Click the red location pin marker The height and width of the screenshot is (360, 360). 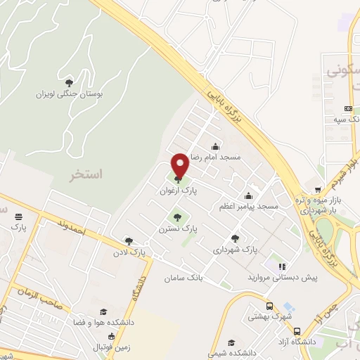180,165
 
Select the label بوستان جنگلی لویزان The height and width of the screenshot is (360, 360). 68,94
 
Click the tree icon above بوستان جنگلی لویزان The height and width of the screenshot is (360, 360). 68,83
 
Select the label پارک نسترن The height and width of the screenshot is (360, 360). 177,229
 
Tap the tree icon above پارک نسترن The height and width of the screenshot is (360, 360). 177,217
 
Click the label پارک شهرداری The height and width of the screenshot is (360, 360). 236,249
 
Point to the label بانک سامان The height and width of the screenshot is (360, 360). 184,278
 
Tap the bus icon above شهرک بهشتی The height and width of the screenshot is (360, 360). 269,307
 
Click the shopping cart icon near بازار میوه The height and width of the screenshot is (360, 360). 319,189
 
